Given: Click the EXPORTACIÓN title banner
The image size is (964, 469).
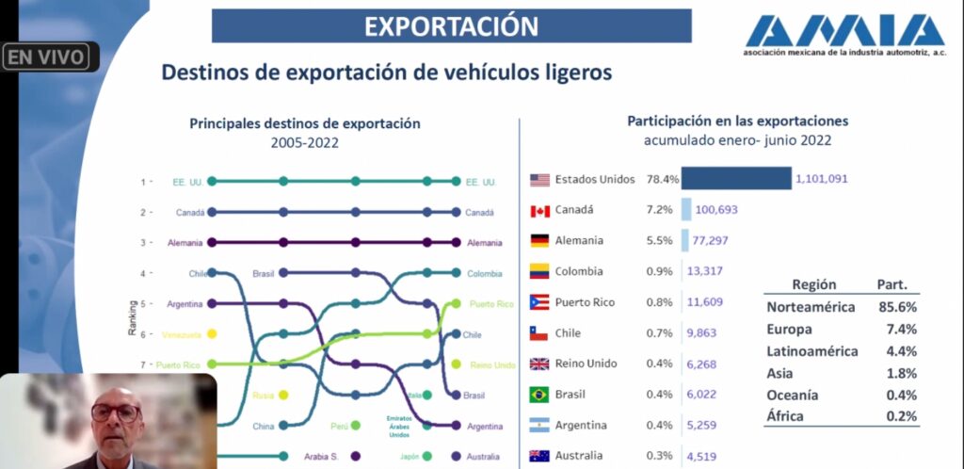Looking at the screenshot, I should click(451, 26).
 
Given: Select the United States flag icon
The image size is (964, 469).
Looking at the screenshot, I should click(539, 179).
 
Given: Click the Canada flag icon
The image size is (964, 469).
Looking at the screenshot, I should click(539, 210).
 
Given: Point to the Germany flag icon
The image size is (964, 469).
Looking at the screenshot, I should click(539, 241).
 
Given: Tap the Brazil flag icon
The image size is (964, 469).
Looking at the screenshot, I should click(539, 395).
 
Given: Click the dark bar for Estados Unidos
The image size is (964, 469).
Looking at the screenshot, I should click(735, 179).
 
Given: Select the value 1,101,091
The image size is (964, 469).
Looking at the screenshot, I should click(823, 179).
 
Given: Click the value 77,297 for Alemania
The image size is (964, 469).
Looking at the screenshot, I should click(712, 241).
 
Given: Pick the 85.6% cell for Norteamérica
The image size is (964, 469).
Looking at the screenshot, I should click(896, 307).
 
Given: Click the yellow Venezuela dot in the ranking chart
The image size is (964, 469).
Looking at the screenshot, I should click(212, 333).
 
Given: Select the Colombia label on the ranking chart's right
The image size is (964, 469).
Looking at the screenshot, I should click(485, 273).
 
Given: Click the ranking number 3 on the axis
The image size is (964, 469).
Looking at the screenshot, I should click(143, 242).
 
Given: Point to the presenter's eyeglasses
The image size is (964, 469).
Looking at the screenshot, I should click(115, 412).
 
